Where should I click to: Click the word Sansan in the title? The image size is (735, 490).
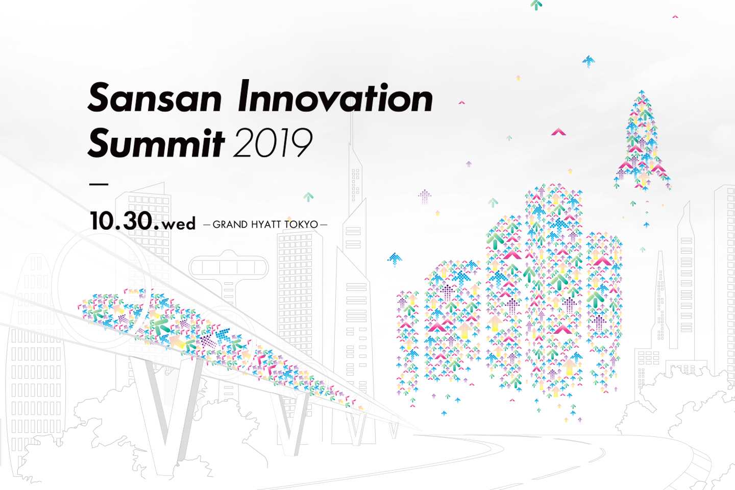pos(155,97)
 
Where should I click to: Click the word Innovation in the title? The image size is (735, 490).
pos(335,96)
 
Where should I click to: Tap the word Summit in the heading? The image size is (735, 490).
pos(156,143)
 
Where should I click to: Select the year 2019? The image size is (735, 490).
pos(273,143)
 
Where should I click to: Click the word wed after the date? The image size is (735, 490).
pos(179,224)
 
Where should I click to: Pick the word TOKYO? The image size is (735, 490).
pos(301,225)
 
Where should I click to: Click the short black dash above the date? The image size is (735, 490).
pos(99,184)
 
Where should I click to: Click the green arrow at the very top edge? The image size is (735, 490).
pos(536,5)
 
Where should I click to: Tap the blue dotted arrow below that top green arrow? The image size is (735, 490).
pos(589,61)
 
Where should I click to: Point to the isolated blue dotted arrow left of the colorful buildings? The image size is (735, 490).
pos(395,259)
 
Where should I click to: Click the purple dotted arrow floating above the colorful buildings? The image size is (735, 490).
pos(425,197)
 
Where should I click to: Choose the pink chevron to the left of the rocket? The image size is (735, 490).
pos(558,132)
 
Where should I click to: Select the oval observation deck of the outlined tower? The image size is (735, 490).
pos(229,267)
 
